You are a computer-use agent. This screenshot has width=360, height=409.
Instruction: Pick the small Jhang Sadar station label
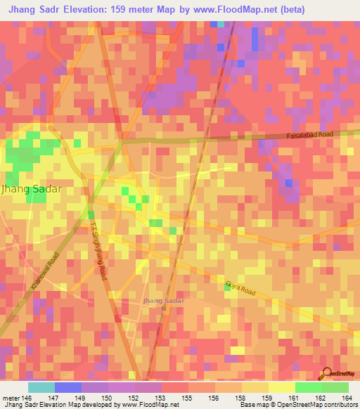coord(164,301)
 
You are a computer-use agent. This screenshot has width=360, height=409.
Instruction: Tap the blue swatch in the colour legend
coord(67,387)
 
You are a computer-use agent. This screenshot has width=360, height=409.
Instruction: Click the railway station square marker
coord(164,308)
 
